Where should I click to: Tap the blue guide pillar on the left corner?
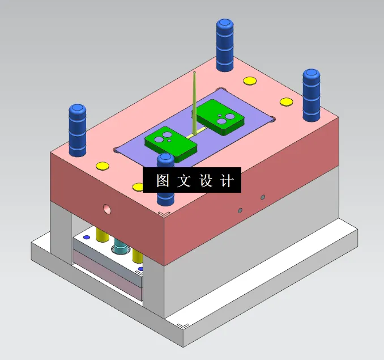pos(78,130)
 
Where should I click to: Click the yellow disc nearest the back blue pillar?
pos(249,81)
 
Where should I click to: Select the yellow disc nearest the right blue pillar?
pos(286,102)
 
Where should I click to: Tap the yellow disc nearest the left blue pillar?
pos(102,166)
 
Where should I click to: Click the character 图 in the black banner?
pos(163,181)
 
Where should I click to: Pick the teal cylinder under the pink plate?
pos(121,247)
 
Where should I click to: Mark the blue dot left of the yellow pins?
pos(87,236)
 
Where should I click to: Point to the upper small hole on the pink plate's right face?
pos(262,197)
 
